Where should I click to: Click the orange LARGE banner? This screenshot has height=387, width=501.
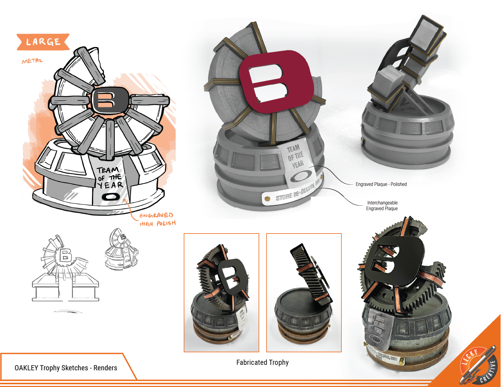[x=43, y=42]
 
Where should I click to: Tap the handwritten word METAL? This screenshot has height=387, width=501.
[x=32, y=61]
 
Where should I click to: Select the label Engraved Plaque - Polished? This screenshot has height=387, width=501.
[x=381, y=184]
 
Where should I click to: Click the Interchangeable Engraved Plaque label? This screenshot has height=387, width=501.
[x=382, y=206]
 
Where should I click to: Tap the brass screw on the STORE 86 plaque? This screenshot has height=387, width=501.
[x=267, y=199]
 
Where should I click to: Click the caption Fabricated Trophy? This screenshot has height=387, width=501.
[x=262, y=362]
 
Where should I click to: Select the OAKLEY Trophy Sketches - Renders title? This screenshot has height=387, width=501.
[x=66, y=368]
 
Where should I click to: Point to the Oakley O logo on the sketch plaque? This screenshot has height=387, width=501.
[x=111, y=197]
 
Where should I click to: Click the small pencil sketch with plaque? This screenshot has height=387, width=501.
[x=121, y=250]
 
